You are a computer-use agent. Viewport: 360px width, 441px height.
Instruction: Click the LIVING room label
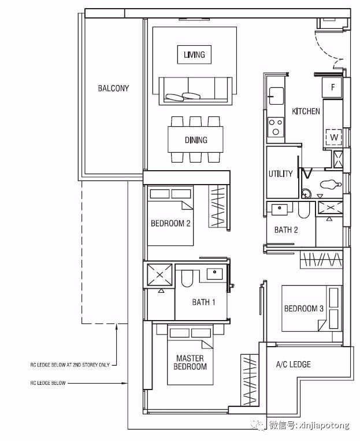(x=194, y=54)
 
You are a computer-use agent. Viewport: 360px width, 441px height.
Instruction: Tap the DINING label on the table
(x=196, y=140)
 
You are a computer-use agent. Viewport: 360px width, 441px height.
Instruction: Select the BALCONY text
(x=113, y=89)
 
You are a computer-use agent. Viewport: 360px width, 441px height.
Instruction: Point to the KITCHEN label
(x=306, y=111)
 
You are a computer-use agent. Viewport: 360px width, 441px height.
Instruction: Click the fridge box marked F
(x=332, y=87)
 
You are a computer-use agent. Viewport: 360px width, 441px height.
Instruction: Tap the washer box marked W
(x=333, y=137)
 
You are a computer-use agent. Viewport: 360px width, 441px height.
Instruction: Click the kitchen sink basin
(x=276, y=95)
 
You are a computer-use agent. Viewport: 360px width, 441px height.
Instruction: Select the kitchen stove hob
(x=276, y=127)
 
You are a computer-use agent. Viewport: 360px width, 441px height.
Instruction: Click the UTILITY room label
(x=280, y=174)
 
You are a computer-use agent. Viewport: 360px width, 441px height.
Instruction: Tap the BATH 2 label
(x=286, y=230)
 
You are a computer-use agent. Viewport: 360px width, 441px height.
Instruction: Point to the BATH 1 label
(x=203, y=302)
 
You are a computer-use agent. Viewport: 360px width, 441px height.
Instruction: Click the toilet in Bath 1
(x=187, y=278)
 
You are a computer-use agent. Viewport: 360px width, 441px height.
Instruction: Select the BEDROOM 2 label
(x=170, y=223)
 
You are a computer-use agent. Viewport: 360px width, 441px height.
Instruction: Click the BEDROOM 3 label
(x=304, y=309)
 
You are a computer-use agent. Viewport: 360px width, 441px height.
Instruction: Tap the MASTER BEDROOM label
(x=190, y=362)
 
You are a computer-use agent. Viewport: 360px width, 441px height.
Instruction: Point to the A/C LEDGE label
(x=294, y=365)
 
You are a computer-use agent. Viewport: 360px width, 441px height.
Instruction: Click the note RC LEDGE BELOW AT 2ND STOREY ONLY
(x=70, y=365)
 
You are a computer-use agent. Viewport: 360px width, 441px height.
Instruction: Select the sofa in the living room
(x=195, y=90)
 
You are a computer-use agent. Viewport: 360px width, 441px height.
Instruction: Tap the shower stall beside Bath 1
(x=159, y=275)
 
